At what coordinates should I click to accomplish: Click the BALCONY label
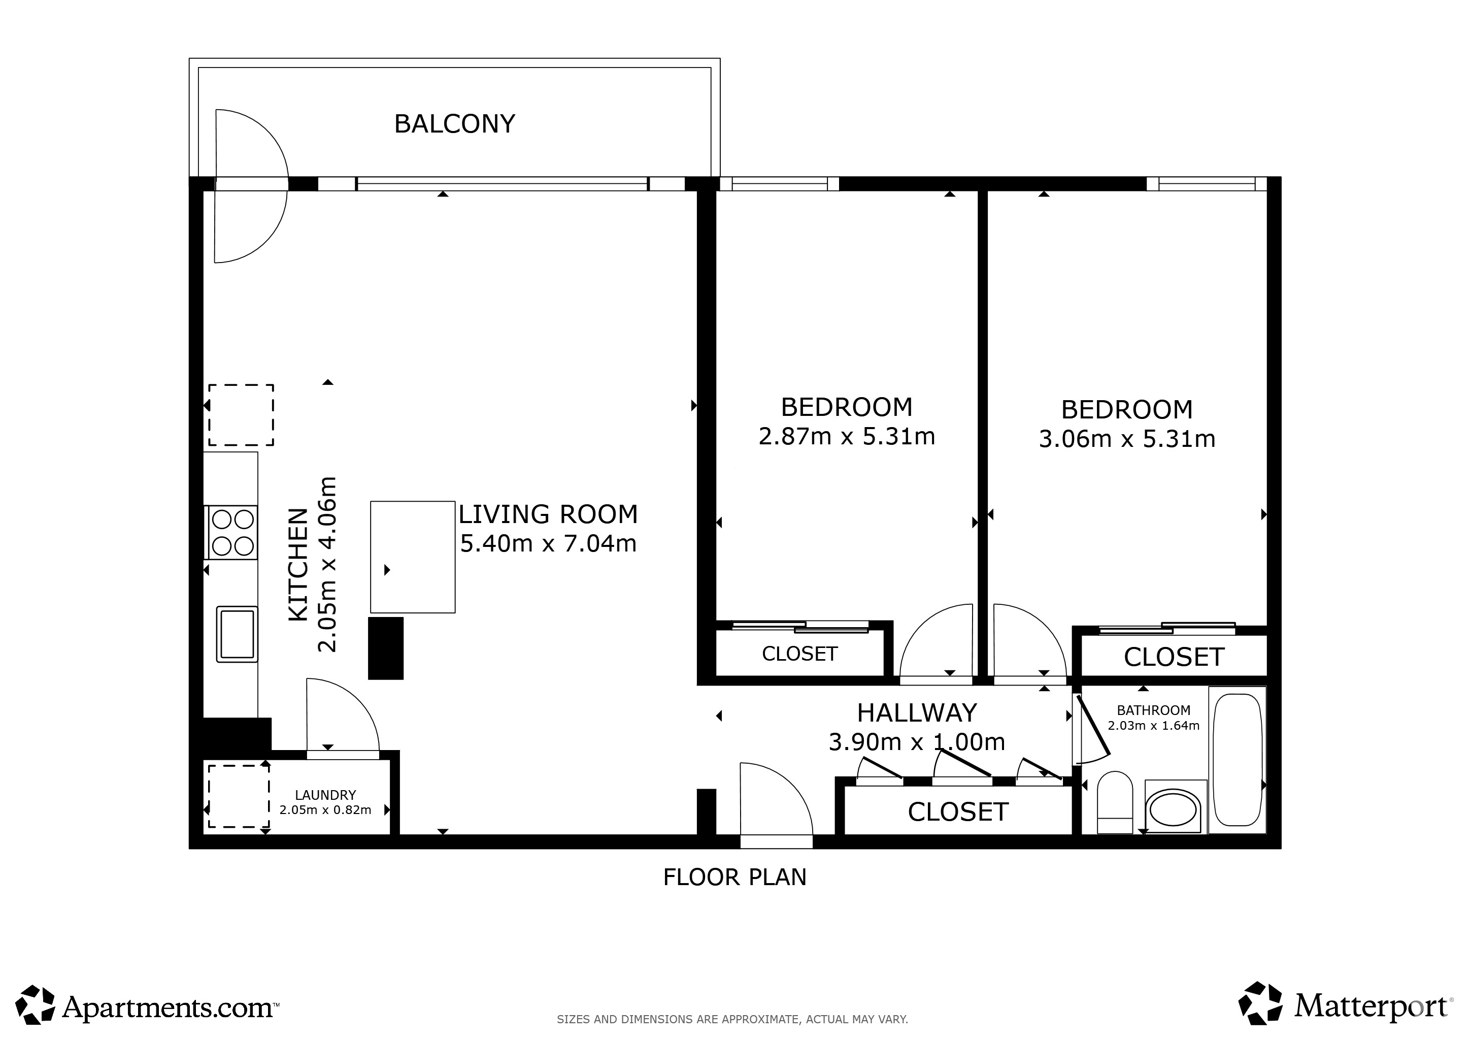455,123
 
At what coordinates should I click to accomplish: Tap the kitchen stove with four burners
231,532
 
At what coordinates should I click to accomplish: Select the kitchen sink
237,634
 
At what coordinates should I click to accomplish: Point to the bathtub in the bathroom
1237,760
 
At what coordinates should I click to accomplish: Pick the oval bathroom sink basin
1174,810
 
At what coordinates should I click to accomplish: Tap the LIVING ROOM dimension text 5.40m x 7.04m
548,544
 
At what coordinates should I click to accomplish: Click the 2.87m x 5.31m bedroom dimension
846,437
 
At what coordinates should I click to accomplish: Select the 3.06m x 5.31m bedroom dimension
1127,439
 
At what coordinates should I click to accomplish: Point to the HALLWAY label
917,713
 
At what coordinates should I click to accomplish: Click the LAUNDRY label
325,795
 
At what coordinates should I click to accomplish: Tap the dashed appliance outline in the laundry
238,796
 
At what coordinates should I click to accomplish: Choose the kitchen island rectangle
412,557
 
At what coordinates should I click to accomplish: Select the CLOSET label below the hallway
958,812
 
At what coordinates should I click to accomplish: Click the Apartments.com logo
147,1007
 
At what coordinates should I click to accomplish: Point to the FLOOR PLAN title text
734,877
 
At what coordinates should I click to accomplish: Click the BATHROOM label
1154,710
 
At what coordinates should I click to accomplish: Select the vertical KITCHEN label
298,565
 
